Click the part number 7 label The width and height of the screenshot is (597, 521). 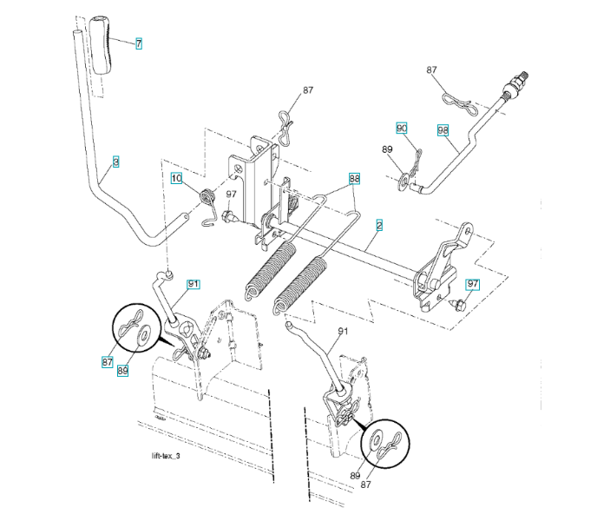click(138, 43)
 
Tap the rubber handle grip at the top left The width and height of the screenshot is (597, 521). click(102, 50)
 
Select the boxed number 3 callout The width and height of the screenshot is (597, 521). click(115, 162)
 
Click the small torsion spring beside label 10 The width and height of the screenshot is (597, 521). click(207, 199)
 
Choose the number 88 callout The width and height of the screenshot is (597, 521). click(354, 179)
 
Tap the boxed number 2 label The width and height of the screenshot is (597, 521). click(379, 224)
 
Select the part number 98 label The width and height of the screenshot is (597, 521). click(443, 130)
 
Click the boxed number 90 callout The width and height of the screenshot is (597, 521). click(402, 128)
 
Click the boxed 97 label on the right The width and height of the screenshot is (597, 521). click(472, 284)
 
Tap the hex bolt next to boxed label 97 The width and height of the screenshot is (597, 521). click(457, 304)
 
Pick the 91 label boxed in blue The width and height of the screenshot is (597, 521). click(194, 284)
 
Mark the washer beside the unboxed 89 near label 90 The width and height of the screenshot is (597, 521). click(405, 181)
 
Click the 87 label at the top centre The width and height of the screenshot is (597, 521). click(307, 90)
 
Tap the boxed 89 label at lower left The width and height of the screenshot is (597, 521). click(123, 370)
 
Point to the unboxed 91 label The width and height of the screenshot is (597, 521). click(342, 332)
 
